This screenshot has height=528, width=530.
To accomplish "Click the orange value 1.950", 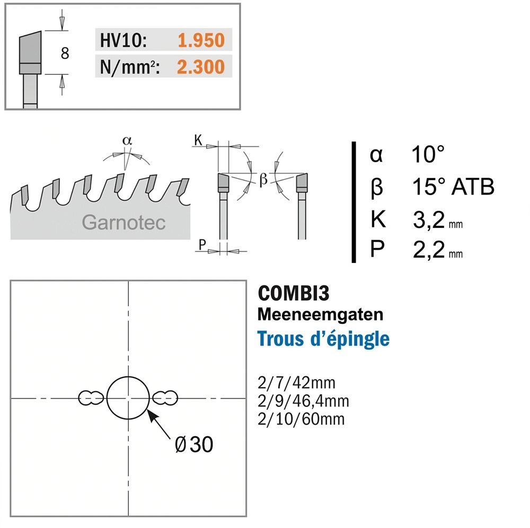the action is click(201, 40).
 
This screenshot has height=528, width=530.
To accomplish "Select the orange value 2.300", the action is click(201, 67).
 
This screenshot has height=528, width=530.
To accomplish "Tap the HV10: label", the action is click(123, 40).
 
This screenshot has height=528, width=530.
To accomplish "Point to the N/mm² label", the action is click(130, 67).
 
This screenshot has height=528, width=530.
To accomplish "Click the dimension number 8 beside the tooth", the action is click(65, 53).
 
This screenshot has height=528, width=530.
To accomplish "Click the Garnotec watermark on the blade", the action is click(123, 223).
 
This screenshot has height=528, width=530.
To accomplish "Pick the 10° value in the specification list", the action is click(428, 154).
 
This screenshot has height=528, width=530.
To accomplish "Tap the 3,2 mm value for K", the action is click(438, 219).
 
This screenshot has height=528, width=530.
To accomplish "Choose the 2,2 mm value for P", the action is click(438, 250).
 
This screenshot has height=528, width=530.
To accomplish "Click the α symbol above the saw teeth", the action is click(127, 140).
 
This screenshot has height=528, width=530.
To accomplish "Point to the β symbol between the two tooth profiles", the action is click(263, 179).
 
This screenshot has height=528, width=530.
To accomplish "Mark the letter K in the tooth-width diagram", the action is click(198, 139).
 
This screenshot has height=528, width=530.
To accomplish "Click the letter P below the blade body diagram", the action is click(202, 244).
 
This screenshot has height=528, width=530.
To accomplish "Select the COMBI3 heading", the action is click(294, 293).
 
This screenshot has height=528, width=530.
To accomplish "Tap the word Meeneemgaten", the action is click(321, 314).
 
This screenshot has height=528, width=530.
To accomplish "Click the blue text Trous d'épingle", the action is click(323, 339).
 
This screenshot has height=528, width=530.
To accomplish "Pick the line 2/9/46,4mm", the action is click(303, 401).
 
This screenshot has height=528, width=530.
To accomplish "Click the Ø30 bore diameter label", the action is click(194, 444).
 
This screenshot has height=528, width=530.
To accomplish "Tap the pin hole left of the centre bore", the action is click(91, 398).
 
